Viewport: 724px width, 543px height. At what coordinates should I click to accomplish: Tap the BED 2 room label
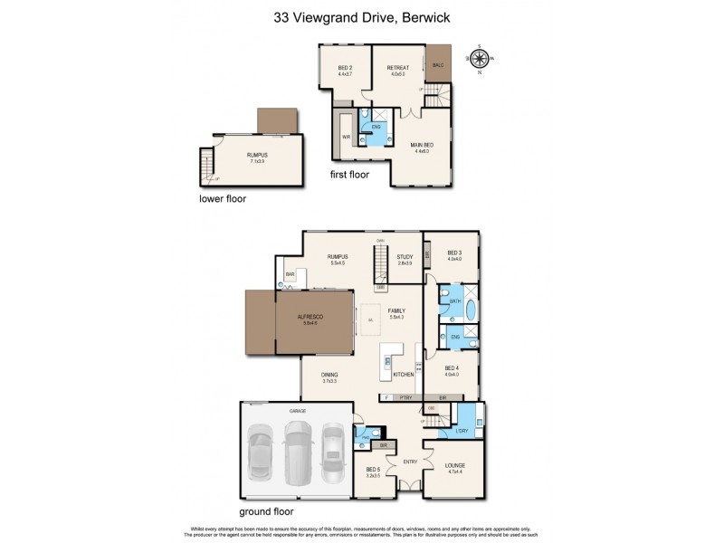click(x=345, y=69)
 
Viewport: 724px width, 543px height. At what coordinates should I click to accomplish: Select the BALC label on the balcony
click(x=438, y=65)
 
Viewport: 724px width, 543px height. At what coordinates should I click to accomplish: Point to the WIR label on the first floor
click(x=346, y=137)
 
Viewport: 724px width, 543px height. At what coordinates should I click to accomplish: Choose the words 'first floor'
click(x=348, y=174)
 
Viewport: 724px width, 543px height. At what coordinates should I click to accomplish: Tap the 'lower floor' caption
click(x=223, y=197)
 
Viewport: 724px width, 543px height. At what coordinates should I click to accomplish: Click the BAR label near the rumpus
click(x=291, y=273)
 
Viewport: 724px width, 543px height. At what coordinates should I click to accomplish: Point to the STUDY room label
click(x=405, y=257)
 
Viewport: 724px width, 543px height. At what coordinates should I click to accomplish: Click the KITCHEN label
click(x=404, y=374)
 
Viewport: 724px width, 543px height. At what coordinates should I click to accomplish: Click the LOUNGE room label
click(x=455, y=465)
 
